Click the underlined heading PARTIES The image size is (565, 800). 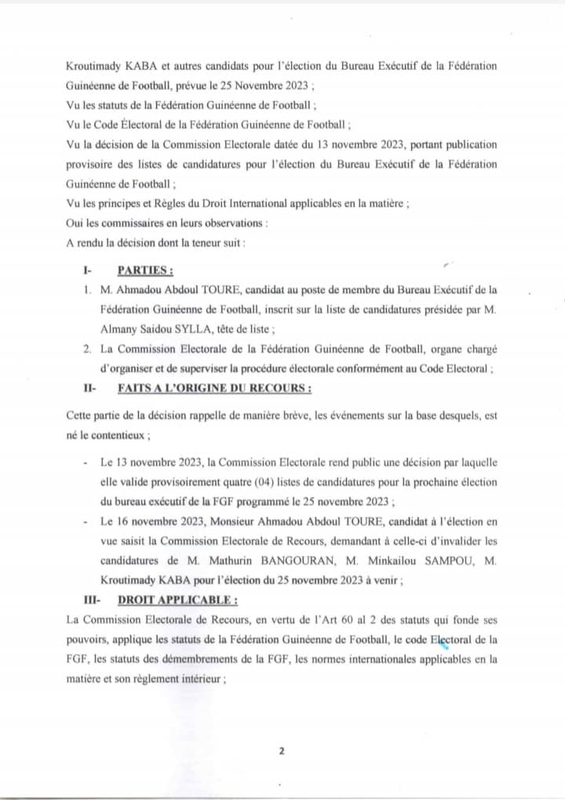pos(145,271)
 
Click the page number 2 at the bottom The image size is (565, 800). pos(281,751)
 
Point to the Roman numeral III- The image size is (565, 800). pos(91,600)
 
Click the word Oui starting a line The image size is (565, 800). pos(77,223)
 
